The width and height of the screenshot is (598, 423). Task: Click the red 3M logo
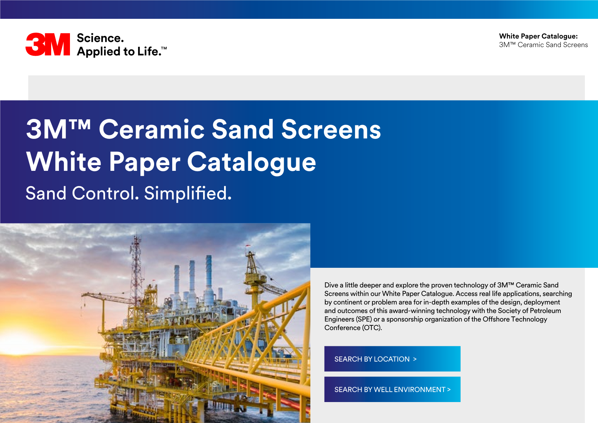(x=48, y=45)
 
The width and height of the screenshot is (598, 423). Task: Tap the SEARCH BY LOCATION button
(x=392, y=359)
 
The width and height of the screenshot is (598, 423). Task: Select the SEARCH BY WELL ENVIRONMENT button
(x=392, y=389)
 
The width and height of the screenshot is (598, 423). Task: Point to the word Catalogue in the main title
(x=251, y=162)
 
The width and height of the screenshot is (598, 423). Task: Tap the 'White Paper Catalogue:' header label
(x=538, y=36)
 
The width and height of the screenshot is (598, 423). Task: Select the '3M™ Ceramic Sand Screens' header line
(x=543, y=45)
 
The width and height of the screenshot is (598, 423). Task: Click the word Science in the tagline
(x=100, y=38)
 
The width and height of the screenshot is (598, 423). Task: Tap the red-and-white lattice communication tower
(x=136, y=270)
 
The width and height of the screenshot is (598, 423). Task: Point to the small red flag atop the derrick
(x=248, y=245)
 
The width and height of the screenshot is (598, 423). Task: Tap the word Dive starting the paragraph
(x=331, y=285)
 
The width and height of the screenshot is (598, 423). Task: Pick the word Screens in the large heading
(x=331, y=129)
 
